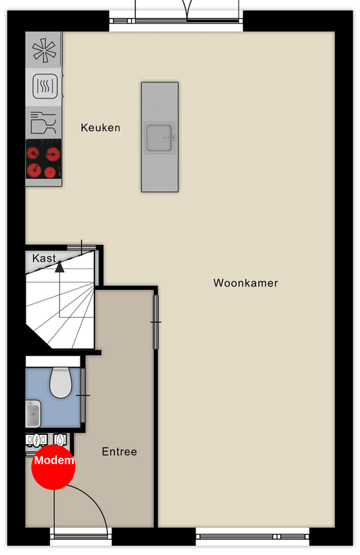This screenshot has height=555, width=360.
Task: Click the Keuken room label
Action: click(x=101, y=128)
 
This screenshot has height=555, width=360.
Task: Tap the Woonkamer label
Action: click(x=246, y=283)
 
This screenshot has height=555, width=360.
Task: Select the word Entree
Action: click(x=119, y=452)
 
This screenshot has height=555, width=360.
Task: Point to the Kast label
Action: click(x=44, y=258)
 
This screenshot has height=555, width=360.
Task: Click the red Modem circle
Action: click(x=53, y=468)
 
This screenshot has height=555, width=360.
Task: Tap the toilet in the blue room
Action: click(x=60, y=383)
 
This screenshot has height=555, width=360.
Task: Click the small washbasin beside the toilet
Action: click(x=33, y=413)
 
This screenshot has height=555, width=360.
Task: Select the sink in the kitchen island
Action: click(x=160, y=137)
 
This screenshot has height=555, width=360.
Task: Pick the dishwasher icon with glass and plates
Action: click(x=44, y=123)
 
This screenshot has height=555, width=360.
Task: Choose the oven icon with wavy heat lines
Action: click(x=45, y=86)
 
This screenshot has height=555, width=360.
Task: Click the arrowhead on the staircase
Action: click(x=60, y=266)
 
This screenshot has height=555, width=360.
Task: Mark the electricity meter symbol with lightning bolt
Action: click(x=37, y=440)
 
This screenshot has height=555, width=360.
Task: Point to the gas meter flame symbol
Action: click(x=61, y=440)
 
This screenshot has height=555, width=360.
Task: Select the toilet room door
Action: click(x=83, y=395)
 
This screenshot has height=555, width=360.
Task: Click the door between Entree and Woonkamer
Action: click(x=156, y=322)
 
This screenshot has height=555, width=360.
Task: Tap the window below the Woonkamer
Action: click(x=252, y=537)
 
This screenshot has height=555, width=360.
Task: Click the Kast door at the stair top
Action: click(x=82, y=247)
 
